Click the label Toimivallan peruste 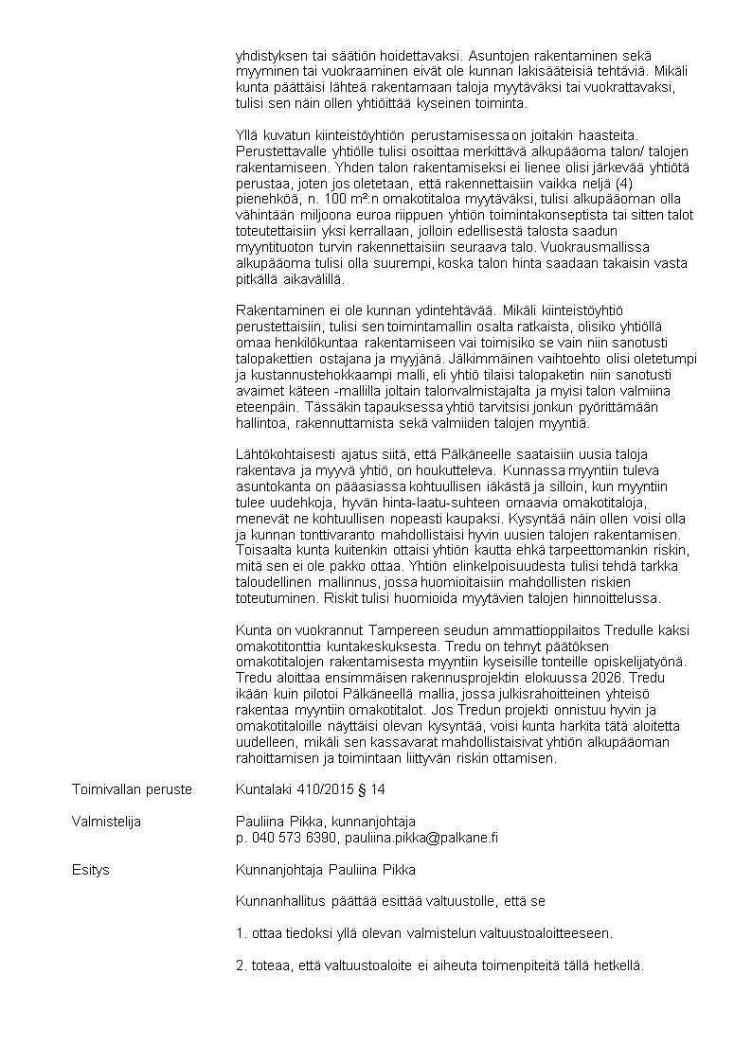(132, 788)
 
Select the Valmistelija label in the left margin (106, 822)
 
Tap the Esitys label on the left (90, 870)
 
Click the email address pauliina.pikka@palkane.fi (421, 838)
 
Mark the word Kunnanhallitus (280, 901)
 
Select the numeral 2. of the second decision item (241, 965)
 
